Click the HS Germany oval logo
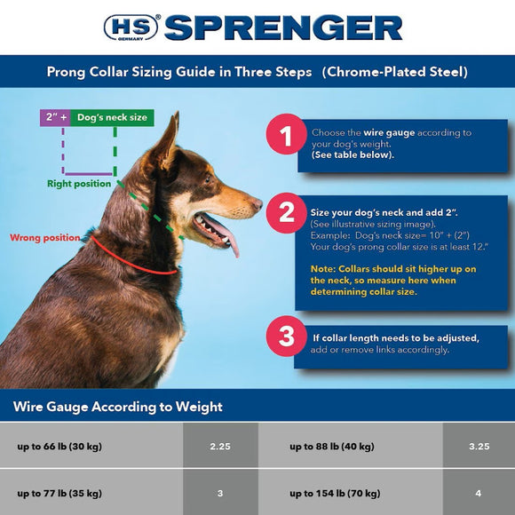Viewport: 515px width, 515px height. point(131,28)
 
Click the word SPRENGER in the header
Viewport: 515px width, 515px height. point(283,28)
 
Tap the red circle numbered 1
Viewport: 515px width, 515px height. point(285,138)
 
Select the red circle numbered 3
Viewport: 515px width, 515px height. point(285,337)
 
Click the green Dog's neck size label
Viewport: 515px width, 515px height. point(113,117)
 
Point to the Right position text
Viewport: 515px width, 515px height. point(79,184)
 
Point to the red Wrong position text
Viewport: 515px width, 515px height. point(44,238)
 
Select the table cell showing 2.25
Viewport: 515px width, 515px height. point(220,445)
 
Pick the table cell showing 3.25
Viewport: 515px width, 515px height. point(479,445)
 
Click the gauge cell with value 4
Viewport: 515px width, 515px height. point(479,493)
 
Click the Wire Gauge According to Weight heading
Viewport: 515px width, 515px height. point(117,407)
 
